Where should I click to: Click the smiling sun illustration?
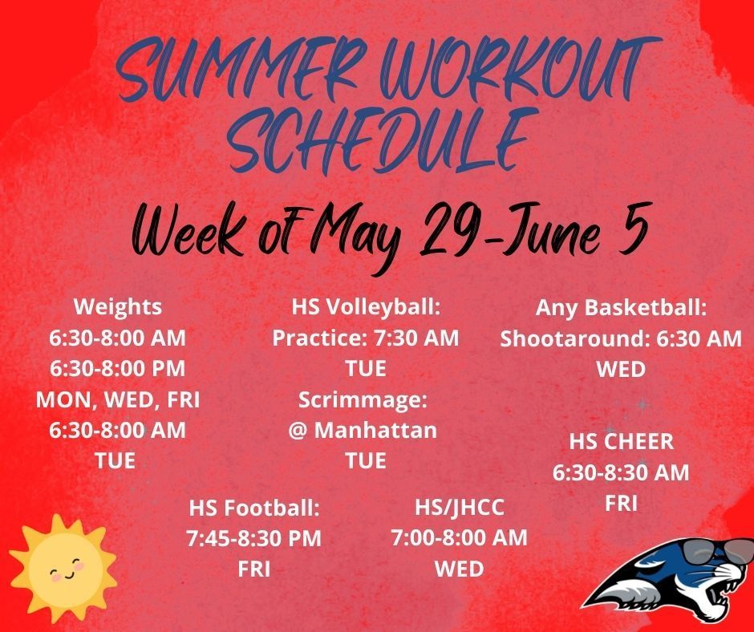tap(63, 566)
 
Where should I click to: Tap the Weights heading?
tap(118, 307)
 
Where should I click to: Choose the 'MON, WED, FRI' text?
tap(118, 399)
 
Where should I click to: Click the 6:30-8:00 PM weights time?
tap(118, 369)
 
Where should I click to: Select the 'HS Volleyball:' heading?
tap(366, 307)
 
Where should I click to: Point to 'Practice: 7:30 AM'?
tap(366, 338)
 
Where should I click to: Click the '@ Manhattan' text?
tap(363, 430)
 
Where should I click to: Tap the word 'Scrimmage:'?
tap(363, 400)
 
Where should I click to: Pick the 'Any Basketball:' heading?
tap(621, 308)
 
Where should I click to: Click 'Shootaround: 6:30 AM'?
tap(621, 338)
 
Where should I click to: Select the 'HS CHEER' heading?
tap(622, 442)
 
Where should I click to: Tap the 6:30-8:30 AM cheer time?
tap(621, 472)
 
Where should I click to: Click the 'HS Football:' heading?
tap(254, 508)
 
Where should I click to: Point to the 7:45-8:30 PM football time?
tap(254, 538)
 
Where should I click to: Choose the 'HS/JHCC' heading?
tap(460, 508)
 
